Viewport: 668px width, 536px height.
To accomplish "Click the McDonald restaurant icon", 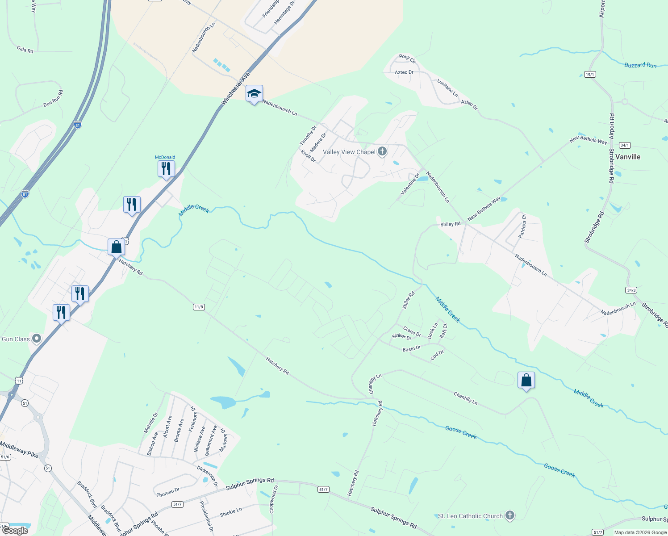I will (x=166, y=169).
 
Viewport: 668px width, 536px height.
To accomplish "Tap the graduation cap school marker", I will (x=254, y=94).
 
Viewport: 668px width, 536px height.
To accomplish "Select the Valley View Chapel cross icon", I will (x=382, y=151).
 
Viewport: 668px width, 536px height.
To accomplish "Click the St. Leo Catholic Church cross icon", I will (x=509, y=515).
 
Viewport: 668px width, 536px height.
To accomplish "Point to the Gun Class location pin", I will (x=37, y=339).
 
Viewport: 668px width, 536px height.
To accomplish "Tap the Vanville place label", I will (x=628, y=157).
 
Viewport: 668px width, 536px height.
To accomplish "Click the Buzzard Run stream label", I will (x=640, y=65).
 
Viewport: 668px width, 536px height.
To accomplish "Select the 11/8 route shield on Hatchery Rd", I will (x=199, y=307).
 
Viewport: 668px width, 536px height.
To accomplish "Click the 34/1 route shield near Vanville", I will (x=625, y=145).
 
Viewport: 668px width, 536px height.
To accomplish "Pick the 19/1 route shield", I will (x=590, y=75).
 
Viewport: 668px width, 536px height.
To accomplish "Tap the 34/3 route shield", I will (x=631, y=290).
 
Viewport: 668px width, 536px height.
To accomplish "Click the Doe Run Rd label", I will (x=53, y=99).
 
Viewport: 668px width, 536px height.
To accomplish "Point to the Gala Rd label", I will (x=25, y=49).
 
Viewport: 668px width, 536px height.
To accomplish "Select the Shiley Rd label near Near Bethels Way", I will (x=450, y=224).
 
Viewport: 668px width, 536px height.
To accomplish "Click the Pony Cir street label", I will (x=407, y=59).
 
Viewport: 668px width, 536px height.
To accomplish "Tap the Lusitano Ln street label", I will (x=447, y=88).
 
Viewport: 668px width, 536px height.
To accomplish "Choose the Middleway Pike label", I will (x=19, y=449).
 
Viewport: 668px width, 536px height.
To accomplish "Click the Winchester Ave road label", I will (x=236, y=89).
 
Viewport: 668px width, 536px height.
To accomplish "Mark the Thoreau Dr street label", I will (x=168, y=492).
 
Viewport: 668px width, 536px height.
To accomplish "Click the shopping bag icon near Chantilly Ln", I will (x=526, y=381).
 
